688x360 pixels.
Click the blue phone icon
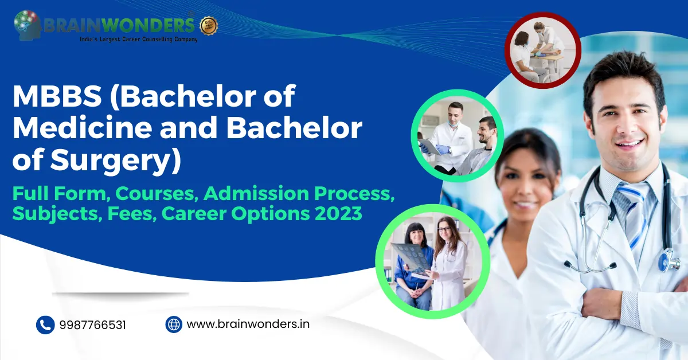tap(45, 325)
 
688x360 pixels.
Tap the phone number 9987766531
tap(92, 325)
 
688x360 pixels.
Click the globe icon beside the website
tap(174, 324)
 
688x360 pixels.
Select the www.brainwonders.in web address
tap(248, 324)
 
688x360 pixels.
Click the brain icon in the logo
tap(27, 25)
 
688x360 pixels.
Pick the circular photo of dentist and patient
tap(457, 136)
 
